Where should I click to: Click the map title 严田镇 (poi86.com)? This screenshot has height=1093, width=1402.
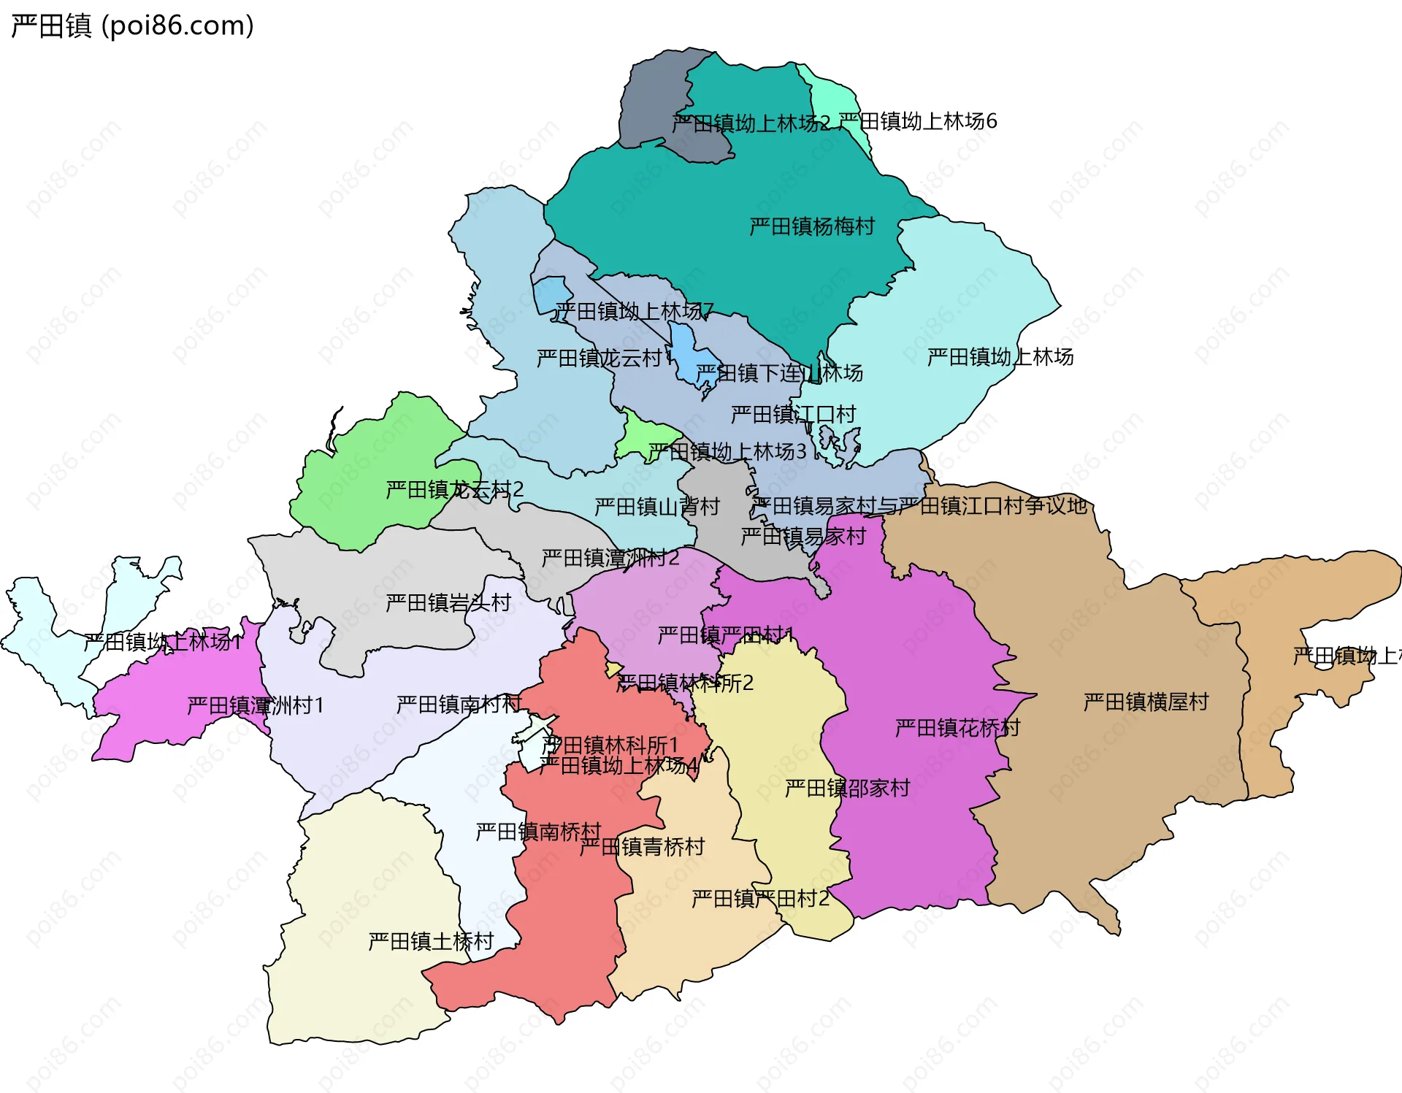132,26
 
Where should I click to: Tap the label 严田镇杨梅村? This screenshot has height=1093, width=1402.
811,226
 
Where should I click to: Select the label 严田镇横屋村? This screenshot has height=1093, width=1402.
1146,702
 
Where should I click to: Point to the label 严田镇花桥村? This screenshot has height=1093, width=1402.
957,727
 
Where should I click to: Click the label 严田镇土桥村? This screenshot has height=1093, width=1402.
431,941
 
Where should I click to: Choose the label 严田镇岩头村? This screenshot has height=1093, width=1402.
448,602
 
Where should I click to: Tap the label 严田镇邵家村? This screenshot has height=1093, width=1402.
847,788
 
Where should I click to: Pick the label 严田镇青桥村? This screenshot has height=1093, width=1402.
642,846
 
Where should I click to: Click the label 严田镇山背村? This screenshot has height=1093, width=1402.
656,506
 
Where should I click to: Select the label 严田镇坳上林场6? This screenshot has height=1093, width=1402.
917,121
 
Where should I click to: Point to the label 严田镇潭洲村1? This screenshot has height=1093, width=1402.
255,705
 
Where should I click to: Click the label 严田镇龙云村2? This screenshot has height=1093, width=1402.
454,489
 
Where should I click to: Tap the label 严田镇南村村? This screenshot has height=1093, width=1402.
459,704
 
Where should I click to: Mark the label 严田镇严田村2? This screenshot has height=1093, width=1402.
760,898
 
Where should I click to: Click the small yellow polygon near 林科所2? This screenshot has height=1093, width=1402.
613,670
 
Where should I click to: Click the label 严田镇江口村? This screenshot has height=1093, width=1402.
793,414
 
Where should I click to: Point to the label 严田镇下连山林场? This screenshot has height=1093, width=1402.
779,373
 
